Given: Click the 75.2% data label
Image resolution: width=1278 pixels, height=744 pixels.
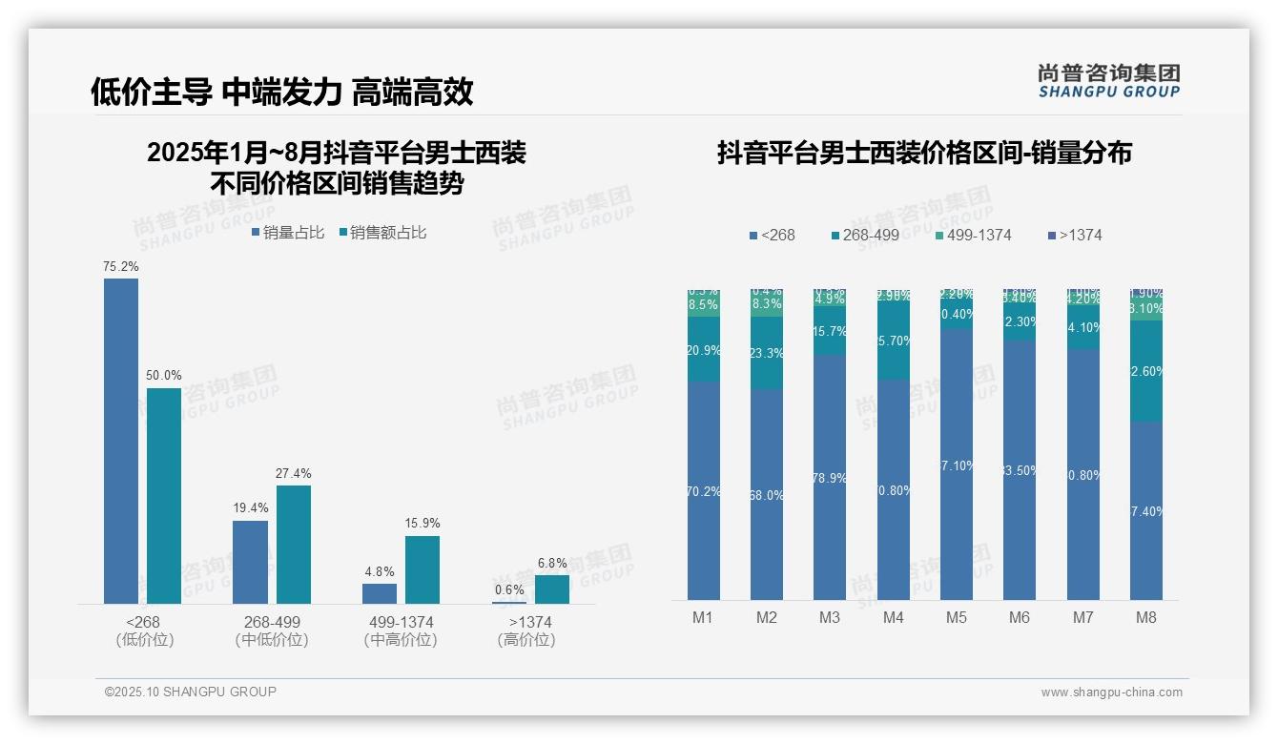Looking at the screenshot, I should click(121, 267).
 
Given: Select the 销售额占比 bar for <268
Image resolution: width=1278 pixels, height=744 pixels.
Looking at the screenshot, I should click(164, 495).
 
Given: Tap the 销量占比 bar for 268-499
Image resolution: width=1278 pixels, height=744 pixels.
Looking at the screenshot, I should click(250, 562).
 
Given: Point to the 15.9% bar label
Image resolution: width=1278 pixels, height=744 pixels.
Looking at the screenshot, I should click(423, 524).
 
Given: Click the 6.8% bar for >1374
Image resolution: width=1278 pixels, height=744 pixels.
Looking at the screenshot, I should click(551, 589).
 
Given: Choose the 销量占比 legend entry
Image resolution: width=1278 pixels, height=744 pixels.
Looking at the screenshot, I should click(288, 233).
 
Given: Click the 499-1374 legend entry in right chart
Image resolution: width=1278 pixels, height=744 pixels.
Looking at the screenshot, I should click(973, 235).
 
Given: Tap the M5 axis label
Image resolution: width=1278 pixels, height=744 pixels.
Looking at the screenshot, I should click(957, 617).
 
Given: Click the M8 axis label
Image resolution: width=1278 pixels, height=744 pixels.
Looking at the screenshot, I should click(1146, 617).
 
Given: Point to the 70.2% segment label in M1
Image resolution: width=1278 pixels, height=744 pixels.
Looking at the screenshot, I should click(704, 492).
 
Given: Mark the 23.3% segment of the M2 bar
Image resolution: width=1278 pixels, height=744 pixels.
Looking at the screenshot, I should click(767, 353).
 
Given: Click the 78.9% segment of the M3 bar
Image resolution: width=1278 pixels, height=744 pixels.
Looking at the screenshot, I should click(830, 478).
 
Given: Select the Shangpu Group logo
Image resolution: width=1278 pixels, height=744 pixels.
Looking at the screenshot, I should click(1108, 80).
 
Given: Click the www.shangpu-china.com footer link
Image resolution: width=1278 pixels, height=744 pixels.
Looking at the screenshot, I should click(1111, 692).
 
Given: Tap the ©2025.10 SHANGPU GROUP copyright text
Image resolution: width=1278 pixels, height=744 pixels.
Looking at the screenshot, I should click(191, 692).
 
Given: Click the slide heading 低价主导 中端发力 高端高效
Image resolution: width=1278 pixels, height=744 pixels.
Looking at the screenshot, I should click(281, 92).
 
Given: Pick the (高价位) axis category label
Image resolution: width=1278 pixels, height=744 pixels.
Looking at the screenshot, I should click(526, 640).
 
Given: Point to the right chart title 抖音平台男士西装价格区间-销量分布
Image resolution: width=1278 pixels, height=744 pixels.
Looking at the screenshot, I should click(924, 153).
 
